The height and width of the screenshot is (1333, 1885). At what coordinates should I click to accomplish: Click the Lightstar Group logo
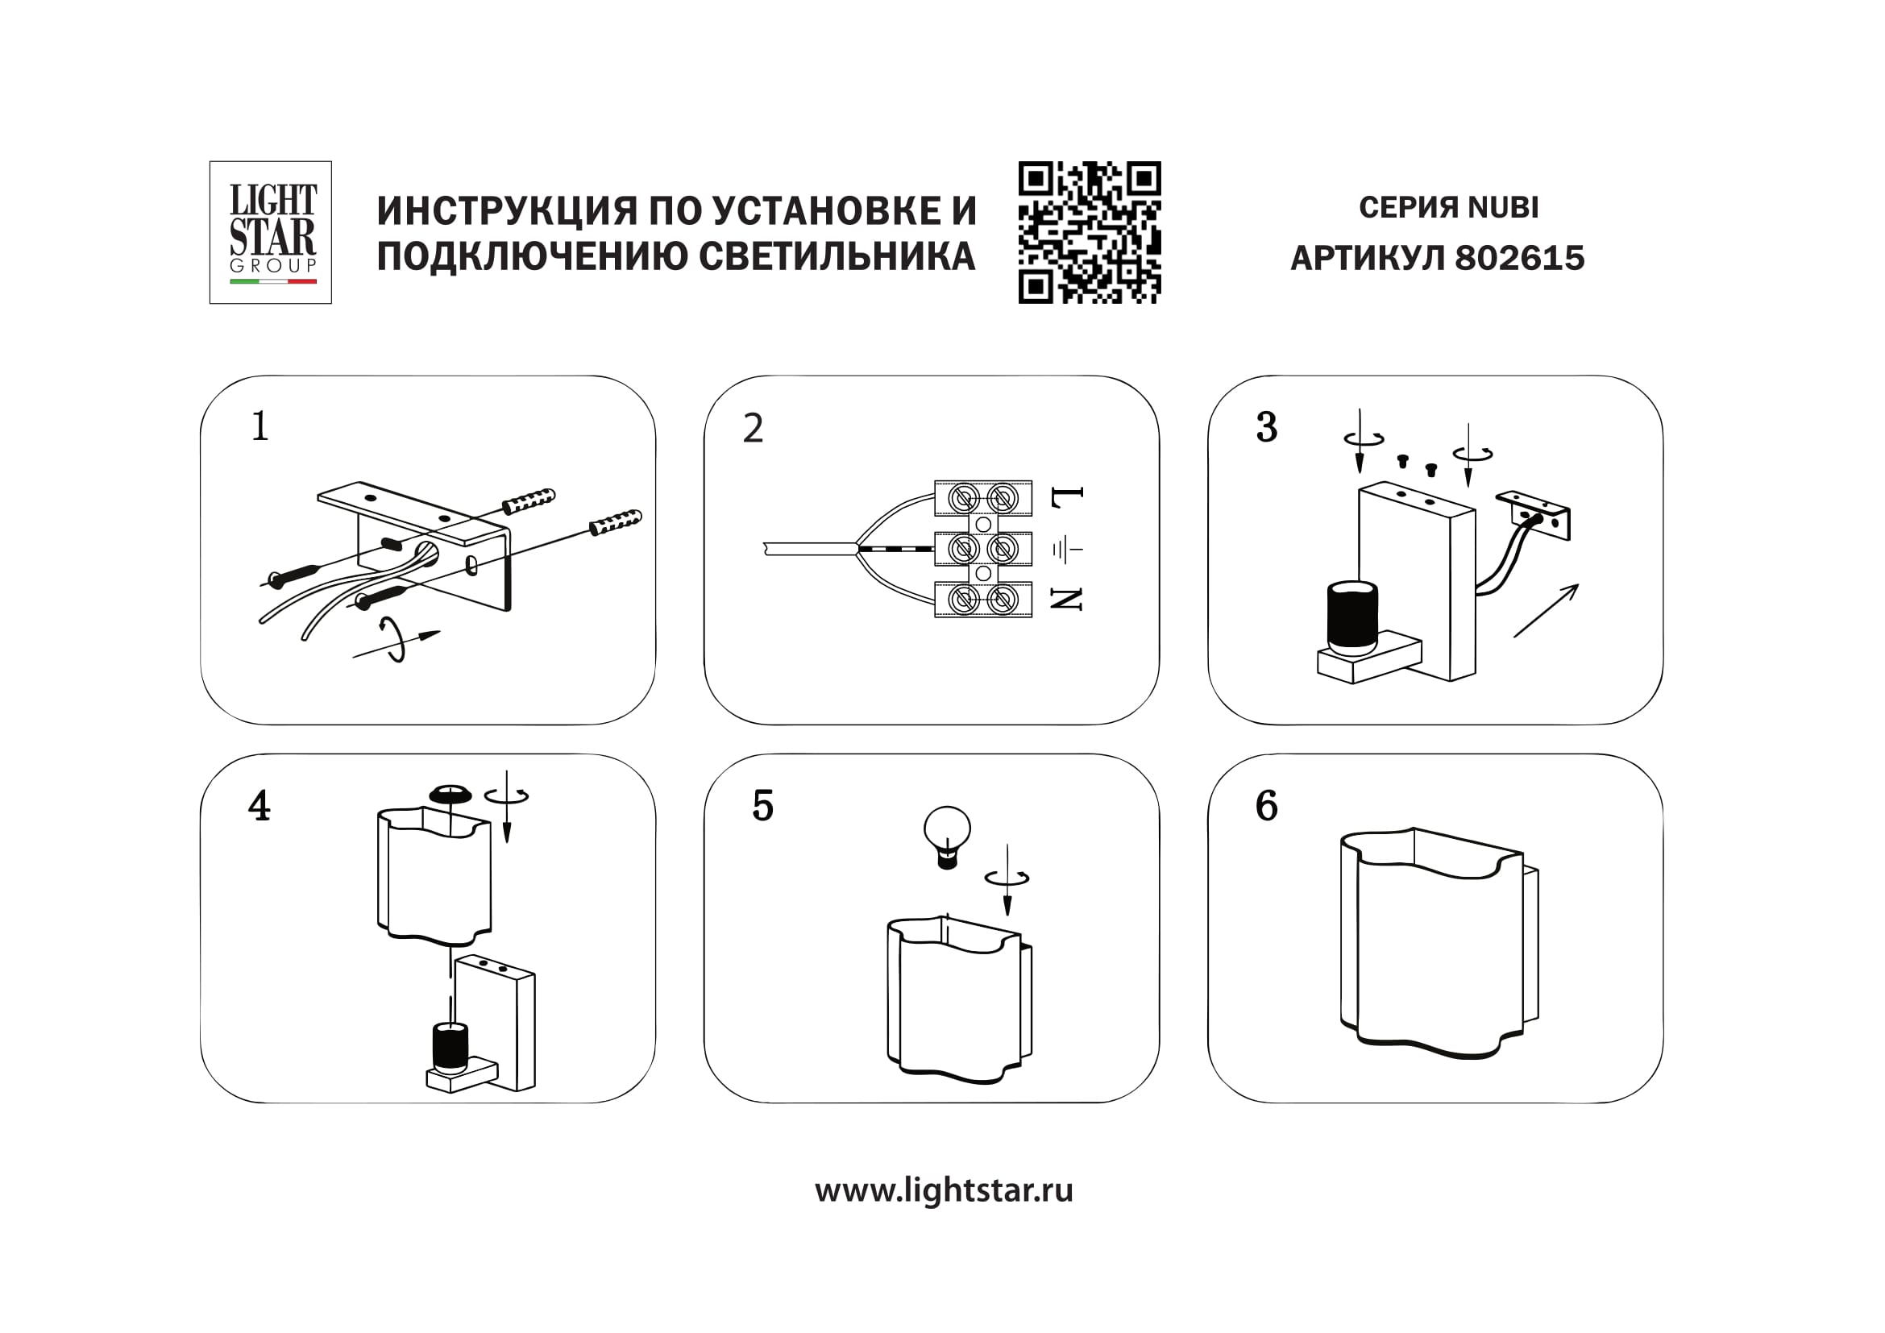[271, 232]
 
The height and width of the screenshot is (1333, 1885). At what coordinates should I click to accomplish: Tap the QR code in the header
[1090, 232]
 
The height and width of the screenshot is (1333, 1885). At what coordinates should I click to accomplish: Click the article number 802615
[1519, 258]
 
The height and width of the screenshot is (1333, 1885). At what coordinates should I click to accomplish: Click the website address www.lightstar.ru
[944, 1191]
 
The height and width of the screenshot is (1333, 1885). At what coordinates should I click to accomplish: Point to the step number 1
[259, 427]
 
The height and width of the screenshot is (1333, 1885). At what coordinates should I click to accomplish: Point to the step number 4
[259, 806]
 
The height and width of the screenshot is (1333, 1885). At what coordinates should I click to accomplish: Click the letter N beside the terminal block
[1067, 599]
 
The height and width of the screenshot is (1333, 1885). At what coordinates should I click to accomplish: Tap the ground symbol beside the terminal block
[1067, 548]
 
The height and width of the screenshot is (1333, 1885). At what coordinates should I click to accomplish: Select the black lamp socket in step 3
[1351, 617]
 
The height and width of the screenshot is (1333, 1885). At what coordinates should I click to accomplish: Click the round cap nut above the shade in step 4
[450, 793]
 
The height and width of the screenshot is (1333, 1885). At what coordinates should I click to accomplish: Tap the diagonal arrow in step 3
[1546, 610]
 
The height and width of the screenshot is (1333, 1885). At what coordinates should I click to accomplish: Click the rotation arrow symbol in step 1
[395, 640]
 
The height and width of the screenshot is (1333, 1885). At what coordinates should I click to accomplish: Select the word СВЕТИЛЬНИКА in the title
[837, 256]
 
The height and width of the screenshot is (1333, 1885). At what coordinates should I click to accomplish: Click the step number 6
[1266, 806]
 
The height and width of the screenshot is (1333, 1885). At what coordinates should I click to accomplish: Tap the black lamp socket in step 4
[450, 1048]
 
